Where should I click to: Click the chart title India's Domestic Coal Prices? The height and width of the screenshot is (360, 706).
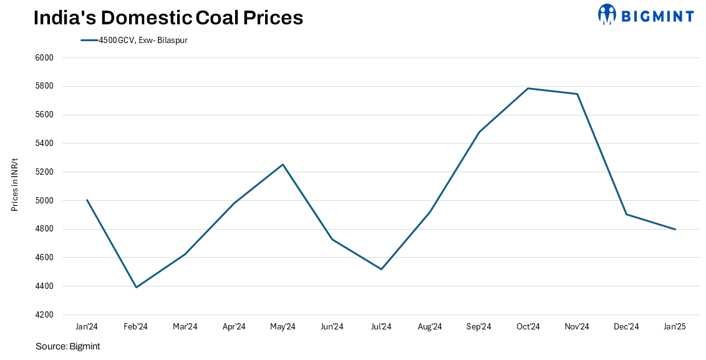coord(168,17)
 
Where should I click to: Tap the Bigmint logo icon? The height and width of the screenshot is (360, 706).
coord(607,14)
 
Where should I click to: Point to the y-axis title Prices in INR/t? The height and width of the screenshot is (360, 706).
coord(14,186)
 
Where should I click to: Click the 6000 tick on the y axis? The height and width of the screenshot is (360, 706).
coord(46,58)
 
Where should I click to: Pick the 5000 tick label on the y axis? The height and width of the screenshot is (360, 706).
coord(46,201)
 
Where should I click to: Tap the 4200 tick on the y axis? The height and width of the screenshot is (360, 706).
coord(46,315)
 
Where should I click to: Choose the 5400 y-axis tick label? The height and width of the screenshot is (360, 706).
coord(46,144)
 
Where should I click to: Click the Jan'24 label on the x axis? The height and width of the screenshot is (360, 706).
coord(87,327)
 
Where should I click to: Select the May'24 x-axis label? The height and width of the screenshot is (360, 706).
coord(283,327)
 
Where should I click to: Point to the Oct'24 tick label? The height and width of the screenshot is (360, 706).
coord(528,327)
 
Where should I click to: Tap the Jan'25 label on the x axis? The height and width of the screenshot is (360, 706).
coord(675,327)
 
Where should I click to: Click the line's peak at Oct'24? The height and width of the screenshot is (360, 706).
coord(528,88)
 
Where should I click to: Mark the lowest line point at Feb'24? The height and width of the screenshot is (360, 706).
coord(136,288)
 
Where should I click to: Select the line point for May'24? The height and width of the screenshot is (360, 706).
coord(283,164)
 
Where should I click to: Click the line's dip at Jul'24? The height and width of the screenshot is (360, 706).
coord(381,270)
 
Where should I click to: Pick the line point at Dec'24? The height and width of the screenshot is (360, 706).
coord(626,215)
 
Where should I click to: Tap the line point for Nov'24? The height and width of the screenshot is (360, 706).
coord(578,94)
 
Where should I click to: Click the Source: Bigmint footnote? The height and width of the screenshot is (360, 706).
coord(67,346)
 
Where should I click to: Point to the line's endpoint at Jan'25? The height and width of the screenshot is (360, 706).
coord(675,230)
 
